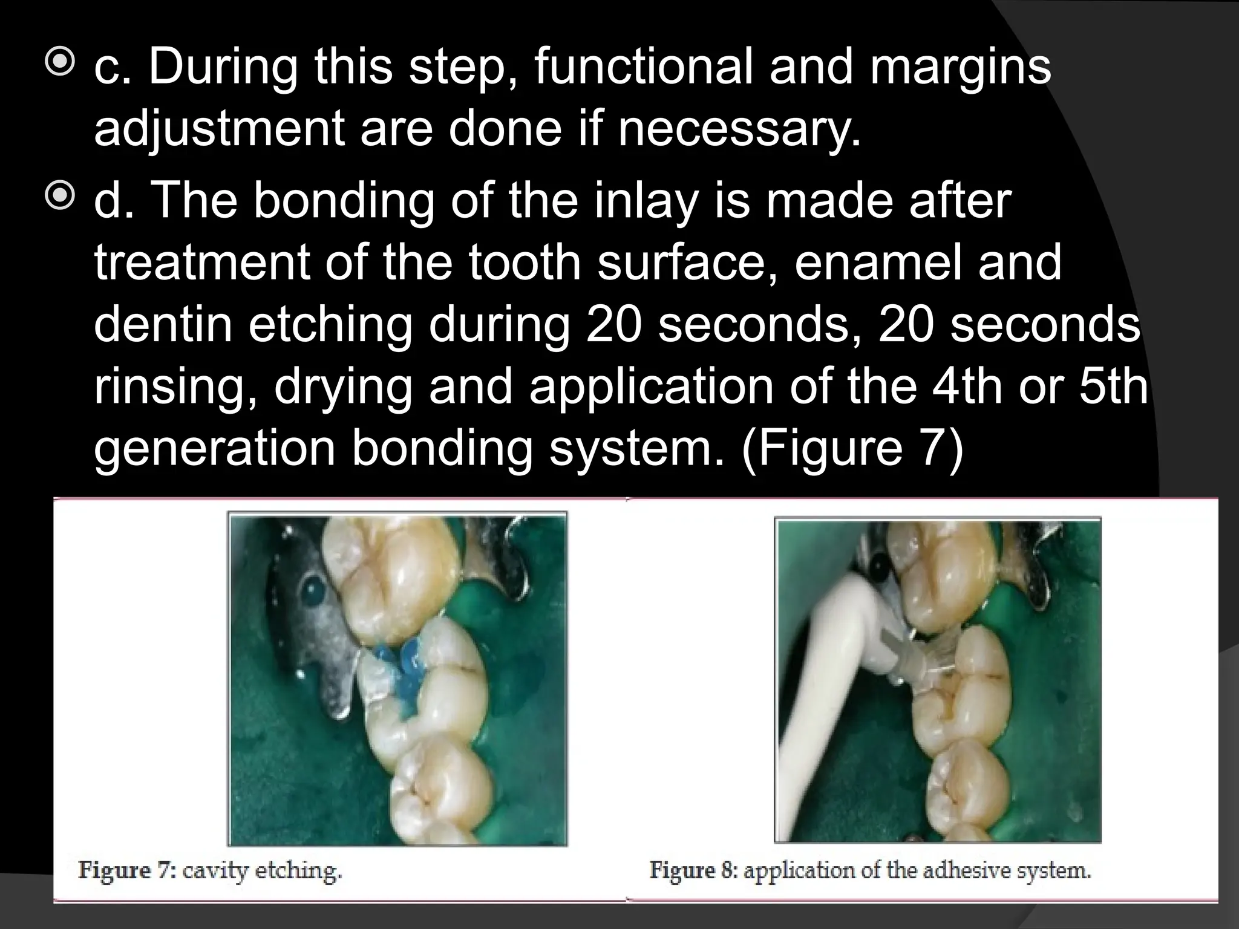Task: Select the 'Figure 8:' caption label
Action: pos(693,872)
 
